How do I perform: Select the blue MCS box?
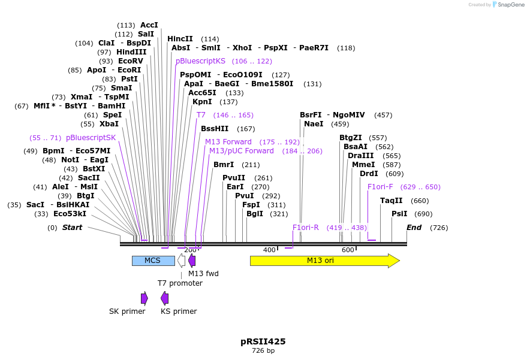[153, 261]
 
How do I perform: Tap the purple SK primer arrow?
[144, 298]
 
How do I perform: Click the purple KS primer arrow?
[164, 298]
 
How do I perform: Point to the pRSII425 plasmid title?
[263, 341]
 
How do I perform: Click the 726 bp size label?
[263, 351]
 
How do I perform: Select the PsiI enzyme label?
[399, 214]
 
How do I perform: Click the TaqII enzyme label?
[391, 201]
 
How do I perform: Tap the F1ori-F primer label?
[380, 187]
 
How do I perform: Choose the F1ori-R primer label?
[306, 228]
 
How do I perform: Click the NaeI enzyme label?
[314, 124]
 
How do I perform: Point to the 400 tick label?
[269, 250]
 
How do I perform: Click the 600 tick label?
[348, 250]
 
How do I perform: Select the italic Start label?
[72, 228]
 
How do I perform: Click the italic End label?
[414, 228]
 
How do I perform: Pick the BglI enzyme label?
[254, 214]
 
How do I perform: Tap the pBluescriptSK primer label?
[91, 138]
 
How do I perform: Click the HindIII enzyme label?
[131, 52]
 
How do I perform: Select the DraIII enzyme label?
[360, 156]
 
